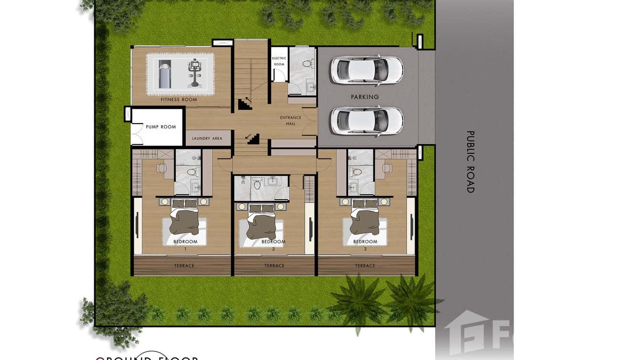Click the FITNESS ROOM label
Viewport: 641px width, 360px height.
pos(179,100)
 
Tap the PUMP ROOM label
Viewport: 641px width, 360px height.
pos(161,127)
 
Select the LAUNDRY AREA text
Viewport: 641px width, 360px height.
pos(207,138)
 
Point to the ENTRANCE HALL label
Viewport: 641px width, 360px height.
pos(290,120)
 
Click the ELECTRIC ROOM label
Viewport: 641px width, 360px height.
pos(279,61)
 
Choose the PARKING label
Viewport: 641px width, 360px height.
pos(364,97)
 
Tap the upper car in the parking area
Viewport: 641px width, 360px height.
pos(366,70)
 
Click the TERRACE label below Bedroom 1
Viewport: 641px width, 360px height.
pos(184,265)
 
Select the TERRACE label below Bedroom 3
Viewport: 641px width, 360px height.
pos(365,265)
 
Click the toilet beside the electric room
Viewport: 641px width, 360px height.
pos(308,64)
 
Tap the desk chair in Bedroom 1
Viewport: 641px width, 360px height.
pos(161,168)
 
